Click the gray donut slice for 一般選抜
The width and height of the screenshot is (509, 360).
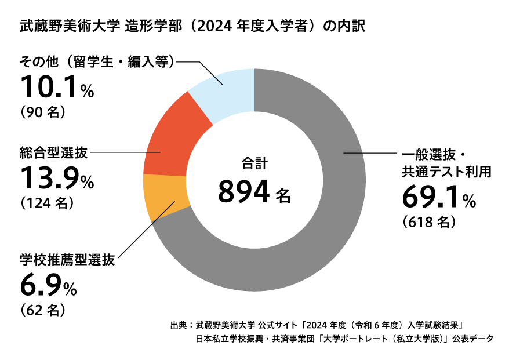point(325,232)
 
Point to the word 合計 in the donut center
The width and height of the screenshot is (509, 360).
point(254,163)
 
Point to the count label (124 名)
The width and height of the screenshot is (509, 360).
point(46,203)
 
